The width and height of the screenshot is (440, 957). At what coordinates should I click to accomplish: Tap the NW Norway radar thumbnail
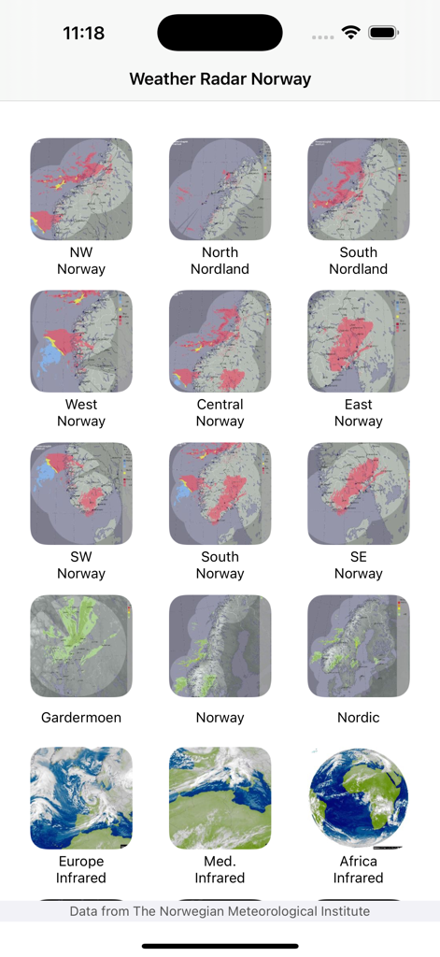81,190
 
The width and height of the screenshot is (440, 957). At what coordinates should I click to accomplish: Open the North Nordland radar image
220,190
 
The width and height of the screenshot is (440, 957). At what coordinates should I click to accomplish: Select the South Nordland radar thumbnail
359,190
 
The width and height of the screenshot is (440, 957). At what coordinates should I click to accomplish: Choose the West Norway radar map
81,341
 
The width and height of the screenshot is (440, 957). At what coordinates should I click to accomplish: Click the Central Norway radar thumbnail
220,341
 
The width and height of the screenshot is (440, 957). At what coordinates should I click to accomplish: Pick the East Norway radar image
359,341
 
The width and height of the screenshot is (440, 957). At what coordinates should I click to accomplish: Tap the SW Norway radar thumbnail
81,493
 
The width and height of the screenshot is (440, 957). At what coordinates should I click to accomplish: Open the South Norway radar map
220,493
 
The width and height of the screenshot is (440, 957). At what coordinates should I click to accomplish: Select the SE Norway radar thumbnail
359,493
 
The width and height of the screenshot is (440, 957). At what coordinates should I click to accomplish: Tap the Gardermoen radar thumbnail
81,646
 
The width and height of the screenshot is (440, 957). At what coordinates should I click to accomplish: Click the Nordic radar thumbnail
359,646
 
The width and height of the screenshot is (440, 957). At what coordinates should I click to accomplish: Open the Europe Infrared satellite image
81,797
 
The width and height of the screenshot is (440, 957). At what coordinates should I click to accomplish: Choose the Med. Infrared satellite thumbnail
220,797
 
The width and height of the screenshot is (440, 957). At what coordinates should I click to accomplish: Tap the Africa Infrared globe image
359,797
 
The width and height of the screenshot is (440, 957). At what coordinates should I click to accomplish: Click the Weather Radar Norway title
220,79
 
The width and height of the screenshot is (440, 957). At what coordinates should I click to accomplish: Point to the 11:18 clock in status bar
83,34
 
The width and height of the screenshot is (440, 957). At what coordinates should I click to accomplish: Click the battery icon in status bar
383,33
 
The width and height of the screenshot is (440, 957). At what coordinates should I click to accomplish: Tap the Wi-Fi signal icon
350,33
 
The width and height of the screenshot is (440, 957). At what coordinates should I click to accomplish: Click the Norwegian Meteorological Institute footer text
220,911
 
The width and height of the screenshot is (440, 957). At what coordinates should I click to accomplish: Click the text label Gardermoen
81,718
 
